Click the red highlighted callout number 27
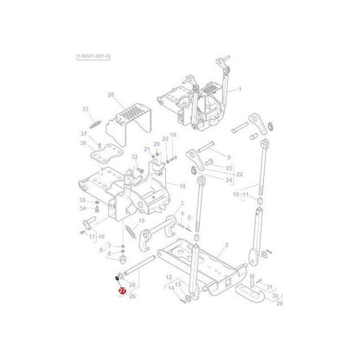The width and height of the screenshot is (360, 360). pyautogui.click(x=122, y=292)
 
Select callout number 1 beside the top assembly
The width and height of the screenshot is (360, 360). pyautogui.click(x=240, y=89)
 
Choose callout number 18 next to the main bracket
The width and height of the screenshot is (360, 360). pyautogui.click(x=182, y=186)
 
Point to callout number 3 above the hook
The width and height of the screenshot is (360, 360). pyautogui.click(x=182, y=201)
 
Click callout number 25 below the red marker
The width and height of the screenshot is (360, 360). pyautogui.click(x=132, y=296)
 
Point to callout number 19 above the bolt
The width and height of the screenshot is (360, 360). pyautogui.click(x=173, y=136)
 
